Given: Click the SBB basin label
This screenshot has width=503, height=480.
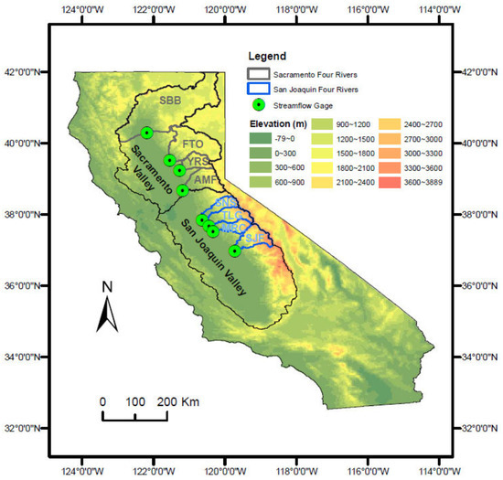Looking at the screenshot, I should click(x=170, y=100).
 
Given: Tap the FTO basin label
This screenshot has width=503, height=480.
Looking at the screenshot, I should click(x=194, y=144).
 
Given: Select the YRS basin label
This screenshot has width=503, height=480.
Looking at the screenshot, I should click(x=198, y=162).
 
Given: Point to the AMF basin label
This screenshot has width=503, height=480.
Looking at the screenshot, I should click(x=204, y=180).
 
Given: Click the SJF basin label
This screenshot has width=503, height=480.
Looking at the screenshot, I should click(x=256, y=237).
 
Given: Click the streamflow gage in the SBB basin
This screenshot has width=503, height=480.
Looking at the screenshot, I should click(x=147, y=133).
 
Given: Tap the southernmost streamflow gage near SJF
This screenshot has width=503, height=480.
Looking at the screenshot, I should click(x=235, y=251).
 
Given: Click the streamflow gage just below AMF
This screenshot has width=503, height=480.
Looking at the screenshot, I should click(x=183, y=190).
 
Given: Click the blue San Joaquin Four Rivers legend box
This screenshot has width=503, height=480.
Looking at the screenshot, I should click(x=264, y=89).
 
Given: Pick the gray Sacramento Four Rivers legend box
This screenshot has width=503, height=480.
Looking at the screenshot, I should click(x=264, y=74).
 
